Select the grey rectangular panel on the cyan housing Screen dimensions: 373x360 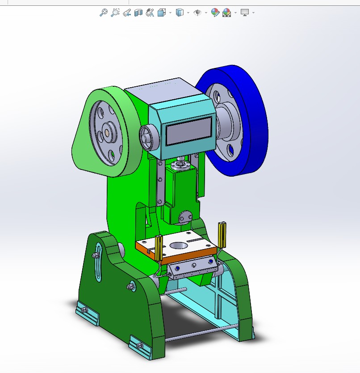click(x=189, y=130)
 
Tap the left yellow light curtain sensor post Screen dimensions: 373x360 click(x=158, y=248)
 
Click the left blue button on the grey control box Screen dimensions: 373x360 click(x=177, y=268)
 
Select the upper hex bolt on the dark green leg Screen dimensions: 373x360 click(x=96, y=255)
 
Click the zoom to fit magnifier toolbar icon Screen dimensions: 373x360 click(x=103, y=13)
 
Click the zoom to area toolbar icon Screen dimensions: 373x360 click(x=115, y=13)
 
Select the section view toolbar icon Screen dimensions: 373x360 click(x=138, y=13)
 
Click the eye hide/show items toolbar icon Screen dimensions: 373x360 click(x=197, y=13)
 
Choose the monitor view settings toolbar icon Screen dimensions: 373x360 click(x=245, y=13)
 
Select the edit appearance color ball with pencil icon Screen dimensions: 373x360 click(x=215, y=13)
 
